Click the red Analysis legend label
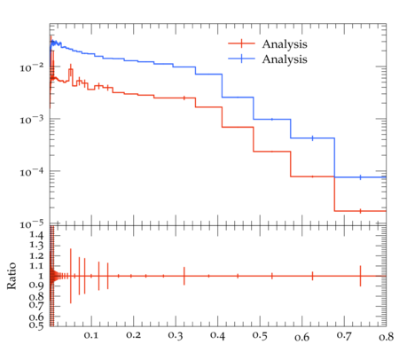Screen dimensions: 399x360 pyautogui.click(x=285, y=44)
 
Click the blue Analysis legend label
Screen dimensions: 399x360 pyautogui.click(x=285, y=59)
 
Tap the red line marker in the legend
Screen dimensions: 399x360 pyautogui.click(x=241, y=43)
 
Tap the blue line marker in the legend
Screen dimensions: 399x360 pyautogui.click(x=241, y=59)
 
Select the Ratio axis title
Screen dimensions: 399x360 pyautogui.click(x=12, y=276)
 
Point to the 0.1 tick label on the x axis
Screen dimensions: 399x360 pyautogui.click(x=90, y=335)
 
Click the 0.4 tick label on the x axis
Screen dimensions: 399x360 pyautogui.click(x=217, y=335)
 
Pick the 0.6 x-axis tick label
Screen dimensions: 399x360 pyautogui.click(x=301, y=337)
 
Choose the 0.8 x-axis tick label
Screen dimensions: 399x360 pyautogui.click(x=386, y=337)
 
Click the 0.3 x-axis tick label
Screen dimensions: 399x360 pyautogui.click(x=176, y=335)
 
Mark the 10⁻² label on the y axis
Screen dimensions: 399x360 pyautogui.click(x=32, y=67)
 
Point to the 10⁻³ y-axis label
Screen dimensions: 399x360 pyautogui.click(x=32, y=120)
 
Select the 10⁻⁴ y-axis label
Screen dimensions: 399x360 pyautogui.click(x=32, y=172)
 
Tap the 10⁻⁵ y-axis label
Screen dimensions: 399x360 pyautogui.click(x=32, y=224)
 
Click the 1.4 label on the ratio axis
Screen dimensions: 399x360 pyautogui.click(x=36, y=235)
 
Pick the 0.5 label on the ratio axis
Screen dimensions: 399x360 pyautogui.click(x=36, y=325)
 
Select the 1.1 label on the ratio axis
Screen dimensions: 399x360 pyautogui.click(x=36, y=266)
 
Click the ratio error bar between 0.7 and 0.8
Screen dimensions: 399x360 pyautogui.click(x=360, y=276)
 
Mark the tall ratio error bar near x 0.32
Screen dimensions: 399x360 pyautogui.click(x=184, y=276)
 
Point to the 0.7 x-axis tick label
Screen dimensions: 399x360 pyautogui.click(x=344, y=335)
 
